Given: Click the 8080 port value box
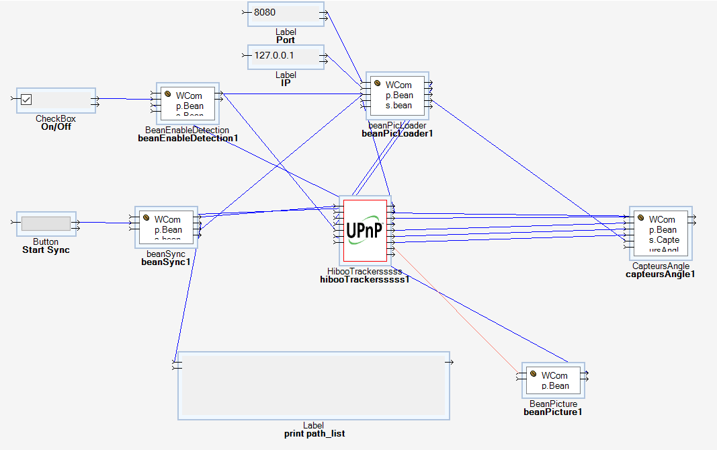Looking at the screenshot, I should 286,13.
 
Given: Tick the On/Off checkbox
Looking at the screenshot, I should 27,100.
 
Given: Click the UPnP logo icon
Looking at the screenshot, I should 365,230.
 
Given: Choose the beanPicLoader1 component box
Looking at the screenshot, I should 398,95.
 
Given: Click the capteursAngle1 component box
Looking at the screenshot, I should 660,233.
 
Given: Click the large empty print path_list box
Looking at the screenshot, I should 313,386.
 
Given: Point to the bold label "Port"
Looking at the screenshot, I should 286,40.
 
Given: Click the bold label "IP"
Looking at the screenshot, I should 286,83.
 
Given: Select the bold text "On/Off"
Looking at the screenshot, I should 56,127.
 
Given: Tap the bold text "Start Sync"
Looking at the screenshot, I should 46,250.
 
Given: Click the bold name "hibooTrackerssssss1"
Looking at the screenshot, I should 365,280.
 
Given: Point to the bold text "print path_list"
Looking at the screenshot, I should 314,434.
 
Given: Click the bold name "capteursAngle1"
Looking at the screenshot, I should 660,274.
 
